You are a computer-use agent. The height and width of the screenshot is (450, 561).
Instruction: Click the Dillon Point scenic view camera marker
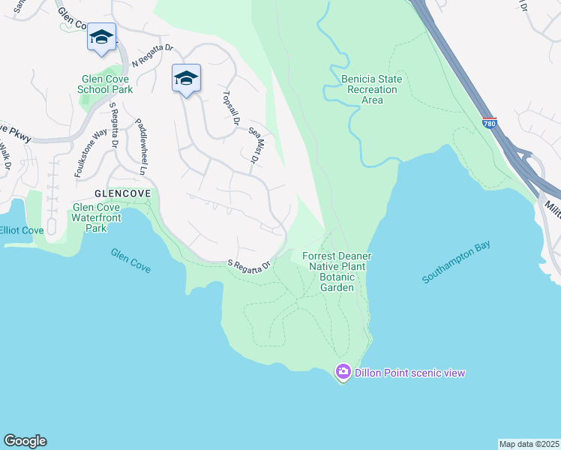[343, 371]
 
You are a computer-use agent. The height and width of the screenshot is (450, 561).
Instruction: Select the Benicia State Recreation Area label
[371, 89]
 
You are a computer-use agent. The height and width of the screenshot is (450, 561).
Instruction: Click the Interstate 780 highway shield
[489, 123]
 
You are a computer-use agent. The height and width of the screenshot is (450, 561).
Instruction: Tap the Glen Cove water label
[130, 260]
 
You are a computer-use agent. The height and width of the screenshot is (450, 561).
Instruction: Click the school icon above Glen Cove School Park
[101, 37]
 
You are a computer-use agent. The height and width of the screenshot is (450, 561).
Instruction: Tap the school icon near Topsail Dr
[186, 78]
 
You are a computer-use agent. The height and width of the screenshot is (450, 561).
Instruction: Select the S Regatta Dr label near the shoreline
[249, 265]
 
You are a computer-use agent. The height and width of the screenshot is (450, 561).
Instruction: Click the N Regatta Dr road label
[152, 56]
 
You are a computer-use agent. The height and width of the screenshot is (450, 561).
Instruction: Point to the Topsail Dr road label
[230, 108]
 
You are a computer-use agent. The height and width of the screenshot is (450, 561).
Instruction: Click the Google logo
[25, 441]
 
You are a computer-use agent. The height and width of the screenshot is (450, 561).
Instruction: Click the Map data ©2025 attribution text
[529, 443]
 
